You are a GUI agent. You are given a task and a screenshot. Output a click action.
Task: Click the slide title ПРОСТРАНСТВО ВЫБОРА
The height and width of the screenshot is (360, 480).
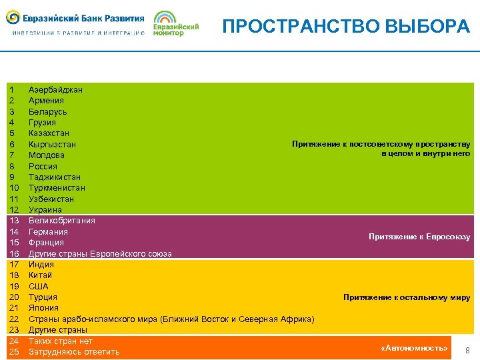pos(346,26)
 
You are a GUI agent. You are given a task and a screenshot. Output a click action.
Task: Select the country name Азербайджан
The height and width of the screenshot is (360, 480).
pos(55,90)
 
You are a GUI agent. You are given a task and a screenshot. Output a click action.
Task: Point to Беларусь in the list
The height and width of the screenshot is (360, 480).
pos(47,112)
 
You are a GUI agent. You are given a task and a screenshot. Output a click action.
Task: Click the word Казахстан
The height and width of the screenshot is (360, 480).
pos(49,133)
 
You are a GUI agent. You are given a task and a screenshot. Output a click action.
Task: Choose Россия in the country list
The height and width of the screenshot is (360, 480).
pos(43,166)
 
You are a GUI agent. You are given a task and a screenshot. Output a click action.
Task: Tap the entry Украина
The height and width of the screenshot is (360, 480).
pos(46,210)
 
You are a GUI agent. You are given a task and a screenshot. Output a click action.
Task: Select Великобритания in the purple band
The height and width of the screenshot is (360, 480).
pos(61,221)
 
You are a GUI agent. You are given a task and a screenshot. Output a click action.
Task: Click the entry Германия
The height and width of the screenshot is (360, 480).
pos(48,231)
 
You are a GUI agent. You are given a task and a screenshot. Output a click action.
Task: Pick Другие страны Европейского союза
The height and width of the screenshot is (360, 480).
pos(100,254)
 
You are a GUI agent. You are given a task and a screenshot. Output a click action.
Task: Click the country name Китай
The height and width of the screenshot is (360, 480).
pos(40,275)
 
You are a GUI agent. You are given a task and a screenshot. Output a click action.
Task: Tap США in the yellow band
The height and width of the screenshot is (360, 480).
pos(39,287)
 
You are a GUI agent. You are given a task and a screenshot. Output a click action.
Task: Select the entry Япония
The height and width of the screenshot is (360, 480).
pos(43,308)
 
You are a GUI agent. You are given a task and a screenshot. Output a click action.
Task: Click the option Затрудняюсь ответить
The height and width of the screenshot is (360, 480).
pos(74,352)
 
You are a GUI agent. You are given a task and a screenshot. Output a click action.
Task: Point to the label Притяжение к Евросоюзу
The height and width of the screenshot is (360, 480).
pos(419,237)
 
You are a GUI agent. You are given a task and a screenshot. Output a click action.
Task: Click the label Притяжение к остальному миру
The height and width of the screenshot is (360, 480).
pos(407,297)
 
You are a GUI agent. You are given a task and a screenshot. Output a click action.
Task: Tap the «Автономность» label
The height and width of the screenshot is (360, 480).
pos(413,348)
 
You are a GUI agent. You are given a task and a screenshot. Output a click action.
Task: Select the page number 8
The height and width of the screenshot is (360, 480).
pos(467,351)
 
